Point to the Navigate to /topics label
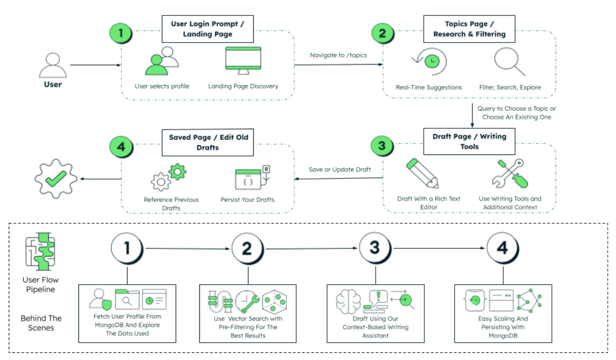pyautogui.click(x=338, y=55)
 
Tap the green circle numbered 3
pyautogui.click(x=382, y=146)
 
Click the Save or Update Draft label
pyautogui.click(x=338, y=169)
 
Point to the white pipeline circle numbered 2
pyautogui.click(x=248, y=249)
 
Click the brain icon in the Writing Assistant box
pyautogui.click(x=348, y=302)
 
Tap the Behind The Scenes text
pyautogui.click(x=41, y=323)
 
